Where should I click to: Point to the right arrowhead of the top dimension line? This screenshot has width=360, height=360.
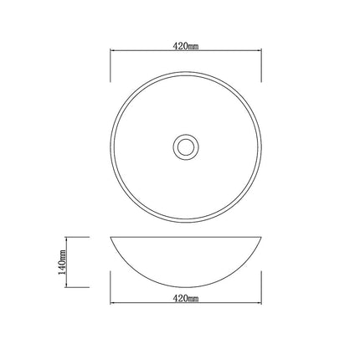(262, 55)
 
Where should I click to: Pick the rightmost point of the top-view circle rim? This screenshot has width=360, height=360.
(264, 145)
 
